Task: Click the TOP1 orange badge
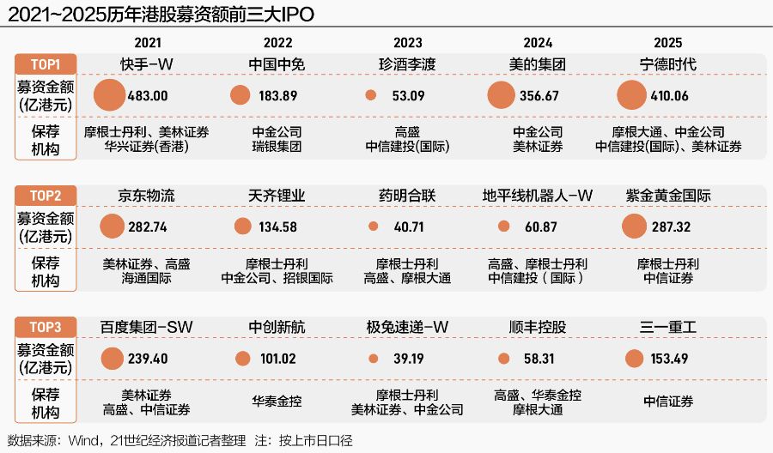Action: click(x=45, y=64)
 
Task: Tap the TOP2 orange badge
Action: click(x=45, y=196)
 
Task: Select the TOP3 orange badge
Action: click(x=45, y=327)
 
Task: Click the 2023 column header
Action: click(x=407, y=43)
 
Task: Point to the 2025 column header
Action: click(x=667, y=43)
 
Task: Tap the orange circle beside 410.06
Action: click(x=631, y=95)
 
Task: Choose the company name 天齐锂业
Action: click(x=277, y=196)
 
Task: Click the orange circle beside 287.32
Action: click(x=633, y=226)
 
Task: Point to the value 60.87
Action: click(x=539, y=227)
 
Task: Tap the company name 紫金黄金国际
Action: click(x=668, y=196)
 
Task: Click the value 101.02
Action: click(x=277, y=359)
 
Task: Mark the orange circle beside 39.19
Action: click(x=372, y=359)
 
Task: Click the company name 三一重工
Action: click(x=668, y=327)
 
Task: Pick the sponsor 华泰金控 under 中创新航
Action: click(x=277, y=401)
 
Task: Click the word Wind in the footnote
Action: click(x=82, y=441)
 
